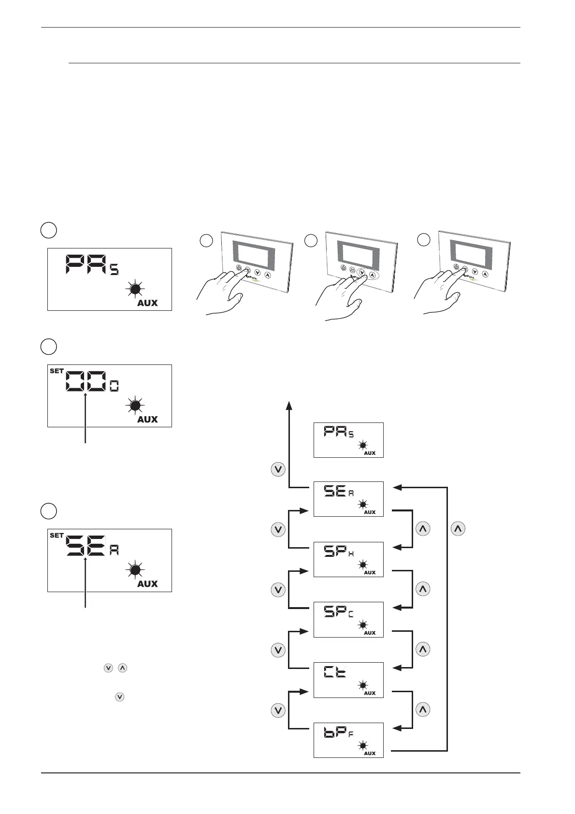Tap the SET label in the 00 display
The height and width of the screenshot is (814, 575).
pos(57,371)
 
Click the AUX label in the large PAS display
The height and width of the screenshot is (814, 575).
pos(147,303)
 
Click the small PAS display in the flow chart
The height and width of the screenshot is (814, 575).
pos(348,440)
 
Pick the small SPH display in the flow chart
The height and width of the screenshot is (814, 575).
pos(348,559)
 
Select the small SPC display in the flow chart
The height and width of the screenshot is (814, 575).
pos(348,619)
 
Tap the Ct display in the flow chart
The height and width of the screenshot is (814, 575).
pos(348,680)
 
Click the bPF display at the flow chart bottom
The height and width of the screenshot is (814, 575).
pos(348,740)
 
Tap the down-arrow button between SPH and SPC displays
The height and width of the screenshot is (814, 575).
pos(278,590)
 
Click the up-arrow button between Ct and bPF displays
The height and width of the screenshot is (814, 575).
pos(423,710)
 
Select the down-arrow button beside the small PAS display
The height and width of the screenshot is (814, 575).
pos(278,469)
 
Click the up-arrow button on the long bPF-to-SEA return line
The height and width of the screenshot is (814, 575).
pos(458,529)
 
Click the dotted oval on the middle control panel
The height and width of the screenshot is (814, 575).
pos(367,274)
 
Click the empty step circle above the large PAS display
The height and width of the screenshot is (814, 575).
pos(48,230)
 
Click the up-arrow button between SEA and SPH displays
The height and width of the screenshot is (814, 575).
pos(423,529)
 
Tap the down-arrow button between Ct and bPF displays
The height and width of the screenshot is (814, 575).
pos(278,710)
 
